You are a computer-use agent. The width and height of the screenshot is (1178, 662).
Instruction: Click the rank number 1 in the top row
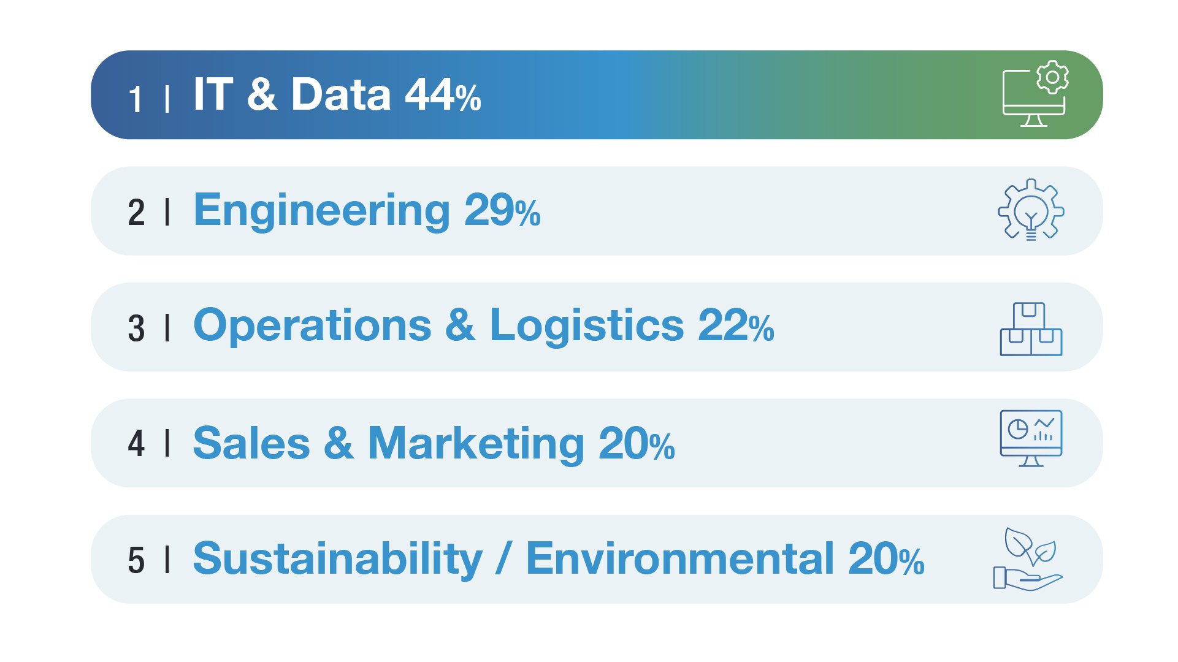pos(136,99)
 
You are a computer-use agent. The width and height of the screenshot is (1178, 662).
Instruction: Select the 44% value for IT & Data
pos(443,95)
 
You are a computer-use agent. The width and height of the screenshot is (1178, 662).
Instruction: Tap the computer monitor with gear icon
pos(1035,94)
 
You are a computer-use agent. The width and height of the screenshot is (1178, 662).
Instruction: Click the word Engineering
pos(322,211)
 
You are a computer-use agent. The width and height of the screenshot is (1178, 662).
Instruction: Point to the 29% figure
pos(502,211)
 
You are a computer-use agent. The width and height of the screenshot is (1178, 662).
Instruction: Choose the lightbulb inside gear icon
pos(1031,210)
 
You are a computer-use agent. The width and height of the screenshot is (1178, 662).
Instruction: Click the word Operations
pos(312,325)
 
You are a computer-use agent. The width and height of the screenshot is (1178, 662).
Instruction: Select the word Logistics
pos(587,326)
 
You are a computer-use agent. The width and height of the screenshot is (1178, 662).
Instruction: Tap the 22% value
pos(736,325)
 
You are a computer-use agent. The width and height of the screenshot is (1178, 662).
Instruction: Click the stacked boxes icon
pos(1031,329)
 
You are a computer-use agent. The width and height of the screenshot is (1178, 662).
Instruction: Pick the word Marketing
pos(476,444)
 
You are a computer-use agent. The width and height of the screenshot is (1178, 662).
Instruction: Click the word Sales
pos(251,443)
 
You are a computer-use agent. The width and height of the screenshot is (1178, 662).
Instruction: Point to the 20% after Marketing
pos(637,443)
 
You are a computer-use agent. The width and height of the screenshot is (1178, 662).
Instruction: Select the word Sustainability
pos(338,560)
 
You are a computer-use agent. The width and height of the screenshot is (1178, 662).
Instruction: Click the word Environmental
pos(680,558)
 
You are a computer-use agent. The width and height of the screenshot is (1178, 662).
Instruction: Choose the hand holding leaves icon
pos(1028,559)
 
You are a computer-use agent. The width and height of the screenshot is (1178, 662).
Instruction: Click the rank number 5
pos(136,560)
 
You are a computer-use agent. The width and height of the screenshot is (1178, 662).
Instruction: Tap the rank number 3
pos(136,329)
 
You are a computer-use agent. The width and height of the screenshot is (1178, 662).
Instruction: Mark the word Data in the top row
pos(341,95)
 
